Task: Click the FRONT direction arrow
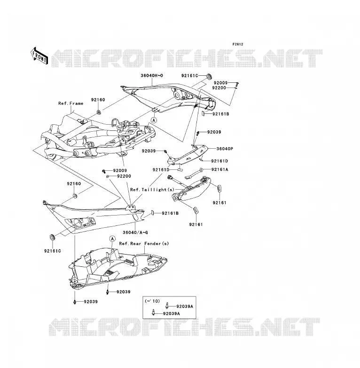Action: tap(39, 56)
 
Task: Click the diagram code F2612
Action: tap(238, 44)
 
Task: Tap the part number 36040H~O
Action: tap(152, 76)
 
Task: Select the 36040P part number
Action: tap(225, 149)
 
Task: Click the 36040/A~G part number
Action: tap(135, 232)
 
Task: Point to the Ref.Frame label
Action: tap(71, 103)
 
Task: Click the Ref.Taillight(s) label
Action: tap(152, 190)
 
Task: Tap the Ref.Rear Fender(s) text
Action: tap(144, 244)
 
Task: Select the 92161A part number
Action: tap(219, 169)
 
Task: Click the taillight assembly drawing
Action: tap(191, 189)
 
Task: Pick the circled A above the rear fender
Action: tap(112, 239)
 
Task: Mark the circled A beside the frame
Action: tap(154, 120)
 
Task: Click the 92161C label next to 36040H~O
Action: tap(189, 76)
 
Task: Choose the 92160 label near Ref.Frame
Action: tap(98, 100)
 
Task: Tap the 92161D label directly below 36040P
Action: tap(219, 161)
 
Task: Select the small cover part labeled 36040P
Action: tap(188, 155)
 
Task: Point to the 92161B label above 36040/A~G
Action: tap(170, 213)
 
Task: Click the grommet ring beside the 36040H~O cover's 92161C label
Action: tap(208, 76)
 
